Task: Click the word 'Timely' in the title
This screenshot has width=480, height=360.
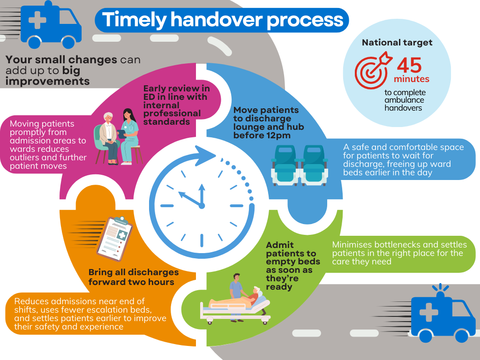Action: pos(134,20)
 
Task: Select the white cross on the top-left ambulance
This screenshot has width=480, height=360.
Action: pos(37,20)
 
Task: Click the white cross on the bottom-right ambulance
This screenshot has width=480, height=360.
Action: pos(428,312)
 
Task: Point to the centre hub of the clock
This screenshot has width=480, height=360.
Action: pos(202,206)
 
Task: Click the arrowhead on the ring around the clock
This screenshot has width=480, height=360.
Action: pos(206,156)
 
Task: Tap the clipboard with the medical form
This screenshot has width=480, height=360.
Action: pos(115,239)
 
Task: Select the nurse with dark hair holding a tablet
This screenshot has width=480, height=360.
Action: pos(128,136)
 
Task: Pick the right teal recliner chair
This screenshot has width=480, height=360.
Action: pos(314,165)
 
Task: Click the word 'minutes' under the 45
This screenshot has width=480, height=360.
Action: pos(412,79)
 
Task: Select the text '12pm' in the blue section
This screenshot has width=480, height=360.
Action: pos(277,135)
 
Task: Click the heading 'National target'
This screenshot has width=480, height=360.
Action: pos(397,42)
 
